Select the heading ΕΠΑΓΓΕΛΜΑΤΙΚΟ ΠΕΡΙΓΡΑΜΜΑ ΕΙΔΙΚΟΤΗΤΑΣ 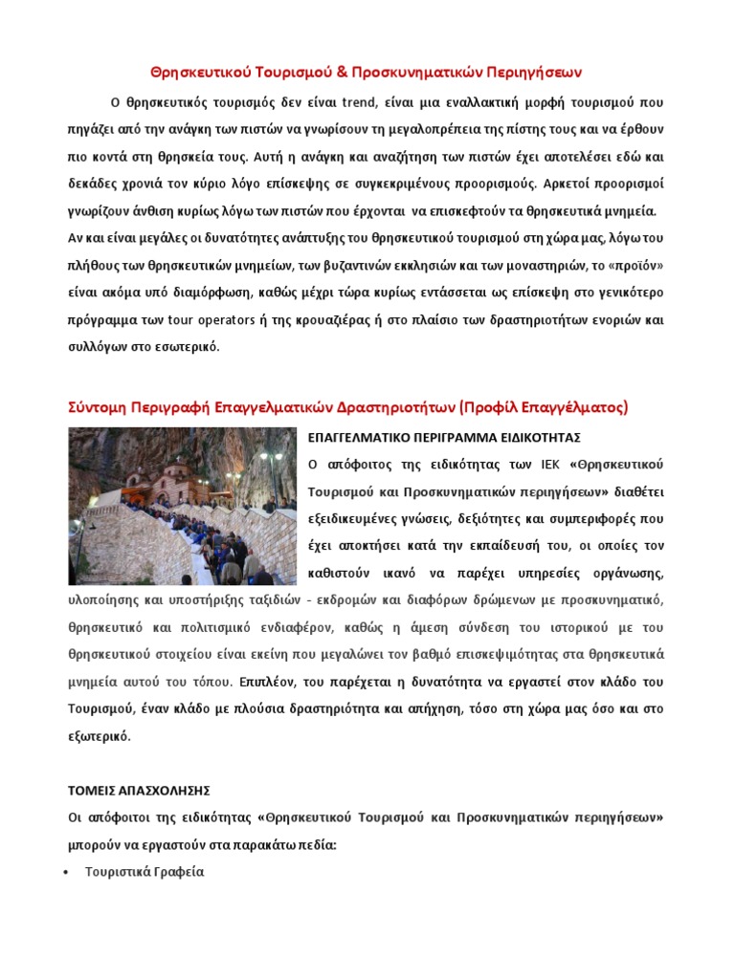click(444, 437)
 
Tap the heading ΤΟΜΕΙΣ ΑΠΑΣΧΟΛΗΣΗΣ click(139, 791)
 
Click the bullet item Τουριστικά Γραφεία click(145, 872)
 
